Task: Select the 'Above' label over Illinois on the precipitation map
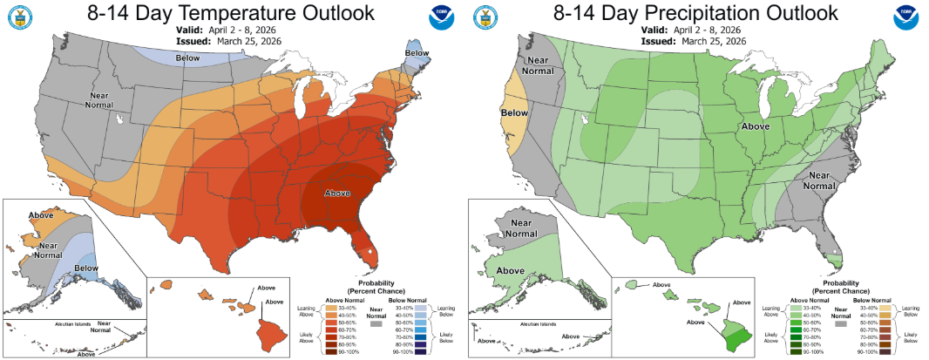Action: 756,126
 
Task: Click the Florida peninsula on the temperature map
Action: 367,245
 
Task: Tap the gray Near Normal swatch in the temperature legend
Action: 376,323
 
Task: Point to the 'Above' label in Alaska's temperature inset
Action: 41,214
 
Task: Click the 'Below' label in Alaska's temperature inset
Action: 85,268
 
